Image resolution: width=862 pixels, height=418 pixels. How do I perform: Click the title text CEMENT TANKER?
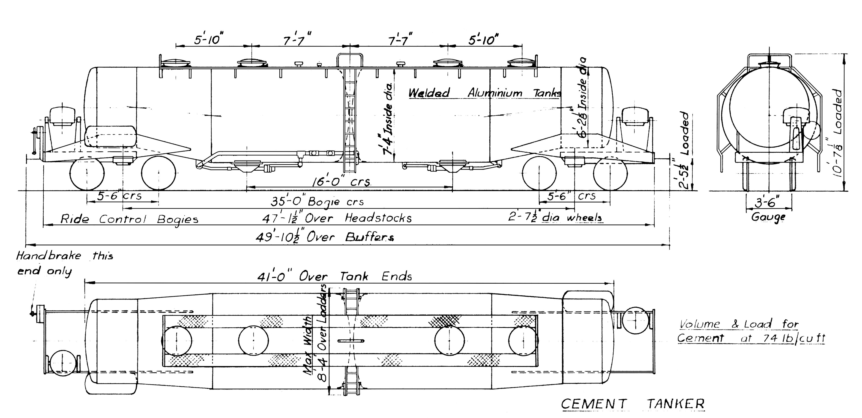(632, 404)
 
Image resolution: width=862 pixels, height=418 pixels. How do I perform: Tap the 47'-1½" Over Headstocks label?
(337, 218)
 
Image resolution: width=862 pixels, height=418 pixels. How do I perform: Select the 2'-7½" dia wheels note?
(556, 218)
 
